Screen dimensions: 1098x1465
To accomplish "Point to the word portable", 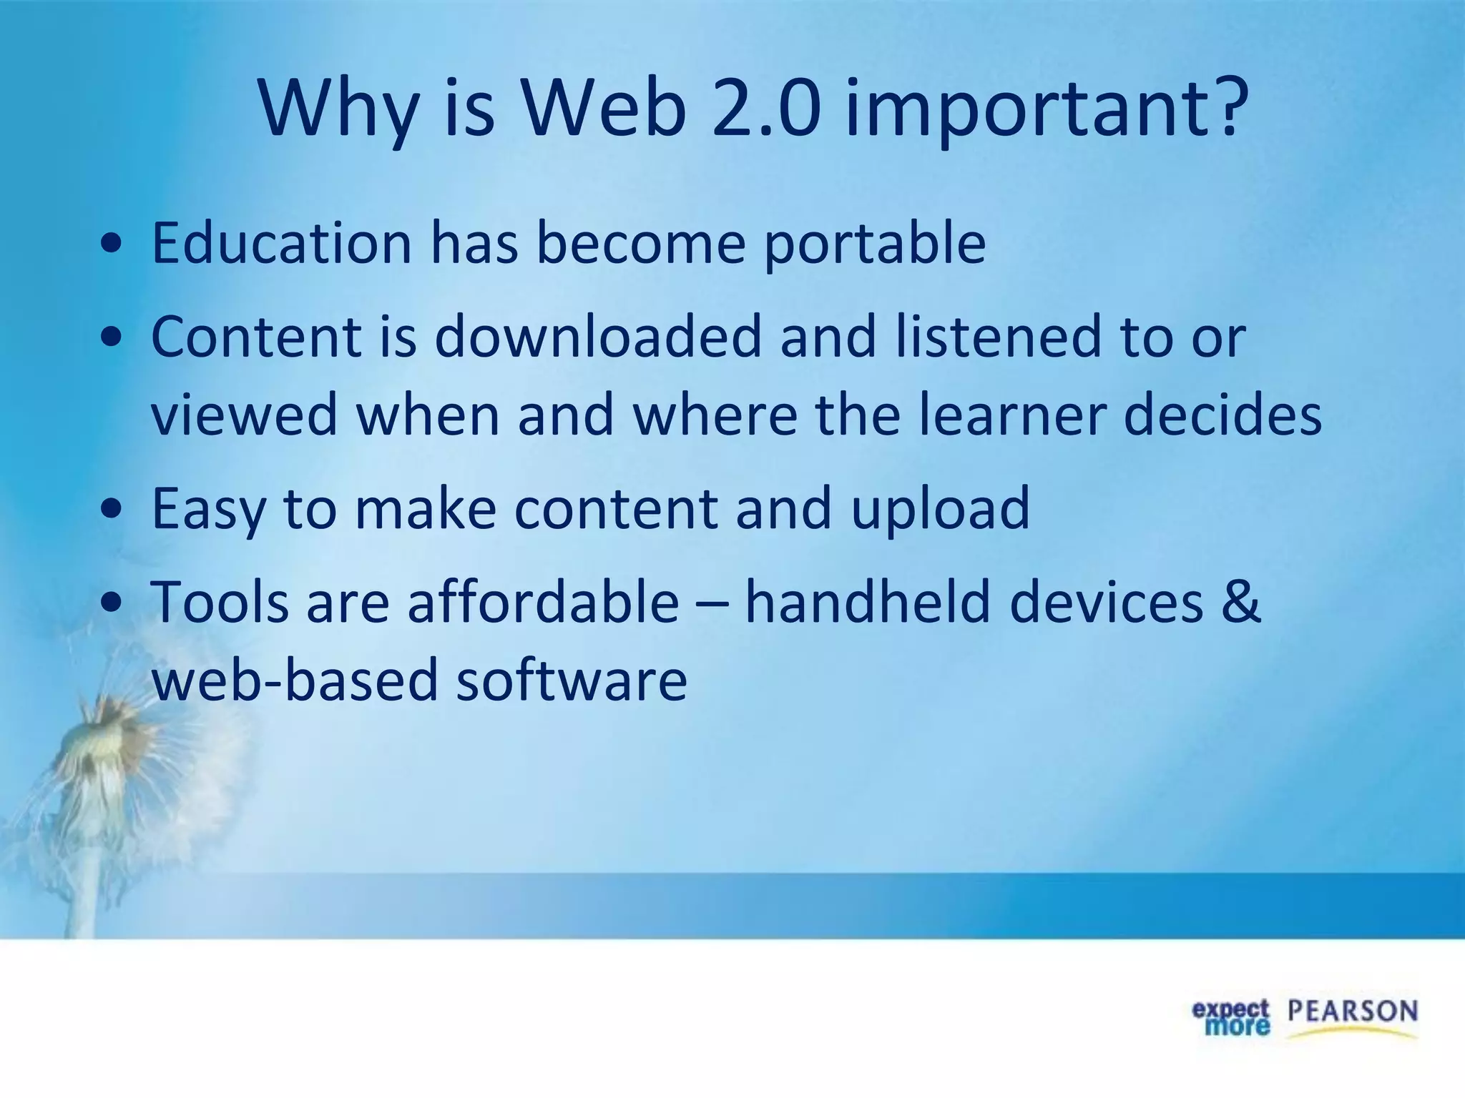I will pyautogui.click(x=875, y=244).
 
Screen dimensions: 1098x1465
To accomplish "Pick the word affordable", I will pyautogui.click(x=543, y=602).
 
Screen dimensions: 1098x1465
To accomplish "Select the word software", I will pyautogui.click(x=572, y=681).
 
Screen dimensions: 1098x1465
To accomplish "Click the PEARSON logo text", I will pyautogui.click(x=1353, y=1012).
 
